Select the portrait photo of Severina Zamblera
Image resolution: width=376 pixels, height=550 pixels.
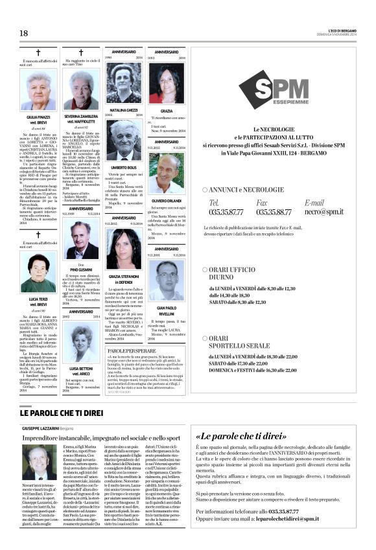(x=80, y=91)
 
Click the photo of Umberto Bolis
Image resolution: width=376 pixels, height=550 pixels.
(x=124, y=141)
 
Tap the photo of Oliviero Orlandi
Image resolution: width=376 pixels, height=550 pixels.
(x=166, y=173)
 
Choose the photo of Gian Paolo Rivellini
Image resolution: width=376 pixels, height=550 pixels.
(x=166, y=279)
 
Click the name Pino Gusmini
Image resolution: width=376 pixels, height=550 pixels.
(x=80, y=269)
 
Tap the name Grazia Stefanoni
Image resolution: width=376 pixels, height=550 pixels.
(x=124, y=275)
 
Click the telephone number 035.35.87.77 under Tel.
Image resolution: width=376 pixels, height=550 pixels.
(x=226, y=211)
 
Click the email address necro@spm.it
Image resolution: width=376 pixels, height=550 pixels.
(x=324, y=211)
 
